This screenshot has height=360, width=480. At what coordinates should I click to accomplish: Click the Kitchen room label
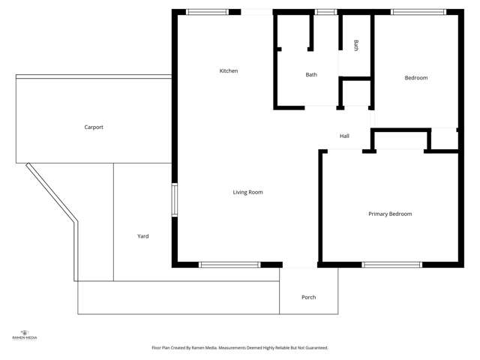[229, 71]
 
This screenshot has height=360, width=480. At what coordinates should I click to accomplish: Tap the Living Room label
[247, 193]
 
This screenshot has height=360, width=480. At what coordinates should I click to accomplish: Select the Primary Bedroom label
[390, 214]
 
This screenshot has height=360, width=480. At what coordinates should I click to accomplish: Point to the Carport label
[94, 127]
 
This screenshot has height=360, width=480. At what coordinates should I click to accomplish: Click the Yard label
[142, 236]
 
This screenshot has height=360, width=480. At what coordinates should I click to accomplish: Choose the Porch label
[308, 298]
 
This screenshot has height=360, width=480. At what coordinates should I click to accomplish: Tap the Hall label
[344, 136]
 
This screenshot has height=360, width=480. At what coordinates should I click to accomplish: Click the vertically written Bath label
[356, 46]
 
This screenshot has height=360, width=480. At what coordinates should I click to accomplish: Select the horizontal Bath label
[311, 75]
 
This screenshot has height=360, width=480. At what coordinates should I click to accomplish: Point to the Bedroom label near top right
[416, 78]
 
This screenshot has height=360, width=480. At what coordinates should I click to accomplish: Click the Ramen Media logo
[25, 334]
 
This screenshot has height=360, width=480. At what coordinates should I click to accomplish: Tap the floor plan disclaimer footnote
[240, 348]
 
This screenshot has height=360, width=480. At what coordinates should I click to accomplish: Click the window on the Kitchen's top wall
[207, 12]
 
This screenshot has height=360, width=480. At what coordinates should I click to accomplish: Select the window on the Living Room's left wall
[174, 201]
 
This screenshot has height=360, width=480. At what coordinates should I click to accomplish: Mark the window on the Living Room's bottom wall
[229, 265]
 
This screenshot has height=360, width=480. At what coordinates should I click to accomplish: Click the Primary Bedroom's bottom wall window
[391, 265]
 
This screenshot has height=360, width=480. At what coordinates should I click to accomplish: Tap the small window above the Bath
[325, 12]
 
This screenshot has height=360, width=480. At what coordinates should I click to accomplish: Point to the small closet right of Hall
[444, 139]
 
